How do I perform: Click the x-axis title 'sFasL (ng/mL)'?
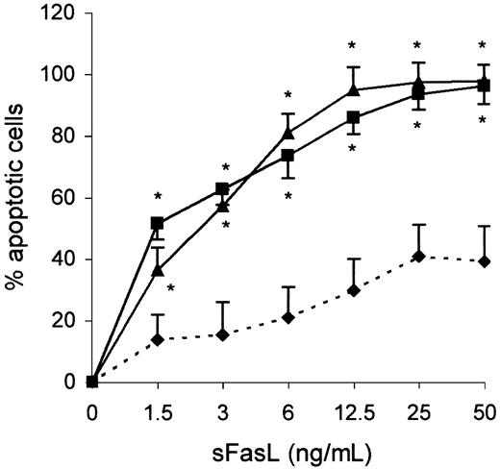tap(287, 450)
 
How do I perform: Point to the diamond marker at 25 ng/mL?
tap(418, 257)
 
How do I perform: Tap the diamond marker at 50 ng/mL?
tap(484, 261)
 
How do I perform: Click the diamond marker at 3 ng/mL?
tap(222, 334)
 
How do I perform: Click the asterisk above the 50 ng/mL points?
tap(484, 46)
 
